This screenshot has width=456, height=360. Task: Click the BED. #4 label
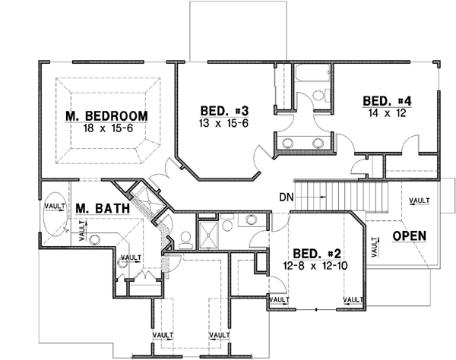[x=387, y=100]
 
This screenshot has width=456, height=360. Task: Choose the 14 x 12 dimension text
[x=387, y=112]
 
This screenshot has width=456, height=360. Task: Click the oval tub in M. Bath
[x=54, y=219]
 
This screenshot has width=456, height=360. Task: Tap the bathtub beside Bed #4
[x=310, y=76]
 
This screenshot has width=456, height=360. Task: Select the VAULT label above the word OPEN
[x=418, y=201]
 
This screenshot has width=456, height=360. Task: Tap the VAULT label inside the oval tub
[x=54, y=206]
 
